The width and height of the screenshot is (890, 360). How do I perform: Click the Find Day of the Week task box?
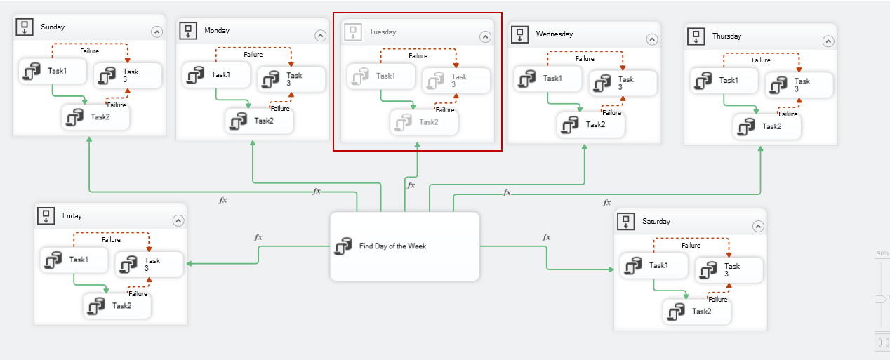pos(404,246)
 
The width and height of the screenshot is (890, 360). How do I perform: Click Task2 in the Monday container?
pos(259,121)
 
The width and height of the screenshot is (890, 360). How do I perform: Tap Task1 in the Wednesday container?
pos(547,79)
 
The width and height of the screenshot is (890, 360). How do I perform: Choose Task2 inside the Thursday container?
pos(767,126)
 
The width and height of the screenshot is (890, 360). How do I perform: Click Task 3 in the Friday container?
pos(148,265)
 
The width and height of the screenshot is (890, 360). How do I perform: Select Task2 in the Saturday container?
pos(697,311)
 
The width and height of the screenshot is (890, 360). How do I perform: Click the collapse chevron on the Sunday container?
pos(157,32)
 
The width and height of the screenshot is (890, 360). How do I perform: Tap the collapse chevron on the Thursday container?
pos(828,41)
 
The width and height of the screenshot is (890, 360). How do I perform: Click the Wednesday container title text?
pos(554,34)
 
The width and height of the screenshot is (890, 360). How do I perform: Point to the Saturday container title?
pos(656,222)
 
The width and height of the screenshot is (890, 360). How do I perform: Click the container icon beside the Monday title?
pos(187,31)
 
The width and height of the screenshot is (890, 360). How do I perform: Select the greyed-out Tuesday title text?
pos(383,32)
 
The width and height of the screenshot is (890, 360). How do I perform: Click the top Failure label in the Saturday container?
pos(691,246)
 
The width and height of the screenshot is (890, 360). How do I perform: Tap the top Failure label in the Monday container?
pos(253,55)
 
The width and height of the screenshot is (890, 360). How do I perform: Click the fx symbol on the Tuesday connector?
pos(411,185)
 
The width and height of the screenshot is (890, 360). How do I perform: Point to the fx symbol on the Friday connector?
pos(258,237)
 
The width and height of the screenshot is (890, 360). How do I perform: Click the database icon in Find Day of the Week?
pos(343,247)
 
